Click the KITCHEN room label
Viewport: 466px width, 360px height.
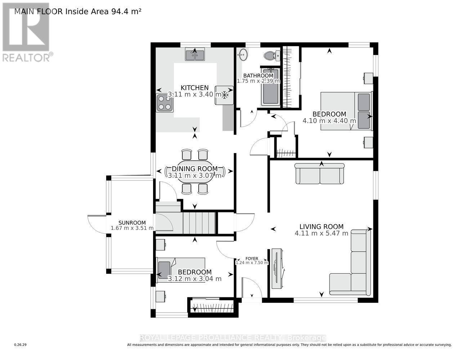click(194, 87)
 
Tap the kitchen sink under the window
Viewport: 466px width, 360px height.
click(195, 55)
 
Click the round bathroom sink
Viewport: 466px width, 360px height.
click(243, 55)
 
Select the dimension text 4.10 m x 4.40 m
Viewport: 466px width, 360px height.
click(329, 121)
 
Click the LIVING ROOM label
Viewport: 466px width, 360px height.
click(321, 226)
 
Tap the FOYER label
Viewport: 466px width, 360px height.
click(252, 258)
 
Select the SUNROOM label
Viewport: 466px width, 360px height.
click(133, 222)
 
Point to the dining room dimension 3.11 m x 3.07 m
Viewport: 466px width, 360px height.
click(194, 176)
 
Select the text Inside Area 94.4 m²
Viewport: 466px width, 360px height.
click(103, 11)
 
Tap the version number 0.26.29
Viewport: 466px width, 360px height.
click(21, 345)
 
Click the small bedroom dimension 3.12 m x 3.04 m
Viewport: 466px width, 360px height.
click(194, 279)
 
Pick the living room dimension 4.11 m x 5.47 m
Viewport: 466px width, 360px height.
click(321, 233)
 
